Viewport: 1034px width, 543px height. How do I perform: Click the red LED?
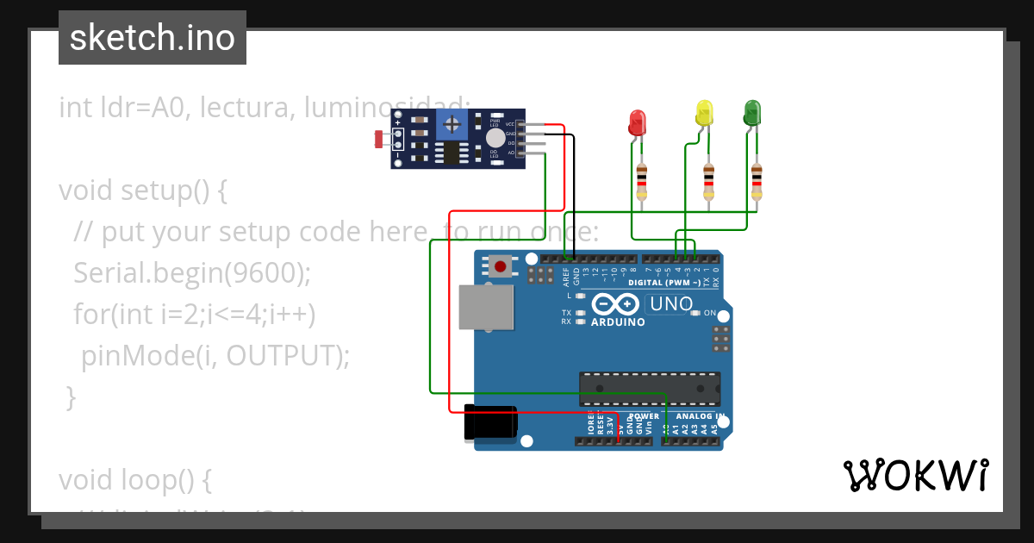point(638,121)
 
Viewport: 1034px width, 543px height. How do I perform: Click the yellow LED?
point(705,111)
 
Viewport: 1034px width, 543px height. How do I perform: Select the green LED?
point(752,111)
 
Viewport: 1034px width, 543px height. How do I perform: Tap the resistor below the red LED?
point(642,180)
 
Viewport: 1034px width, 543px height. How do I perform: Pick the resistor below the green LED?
point(757,180)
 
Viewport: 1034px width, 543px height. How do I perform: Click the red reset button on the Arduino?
point(500,265)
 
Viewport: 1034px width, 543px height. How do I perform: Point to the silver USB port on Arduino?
point(485,308)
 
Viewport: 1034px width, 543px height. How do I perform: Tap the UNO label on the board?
point(671,304)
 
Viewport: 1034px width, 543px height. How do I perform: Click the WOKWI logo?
point(915,475)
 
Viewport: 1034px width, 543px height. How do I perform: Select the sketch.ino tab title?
point(153,38)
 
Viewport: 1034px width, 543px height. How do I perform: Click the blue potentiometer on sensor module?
point(452,125)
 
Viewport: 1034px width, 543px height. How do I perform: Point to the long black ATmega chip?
point(650,389)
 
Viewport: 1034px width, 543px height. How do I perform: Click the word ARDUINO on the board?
point(618,322)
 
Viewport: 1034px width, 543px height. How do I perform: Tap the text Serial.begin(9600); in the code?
point(192,272)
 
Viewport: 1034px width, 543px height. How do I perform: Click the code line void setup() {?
point(143,190)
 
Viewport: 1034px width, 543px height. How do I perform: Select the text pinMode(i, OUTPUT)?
point(215,355)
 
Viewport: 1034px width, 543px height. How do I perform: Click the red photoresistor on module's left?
point(380,137)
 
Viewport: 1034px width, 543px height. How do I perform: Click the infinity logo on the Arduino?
point(615,304)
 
